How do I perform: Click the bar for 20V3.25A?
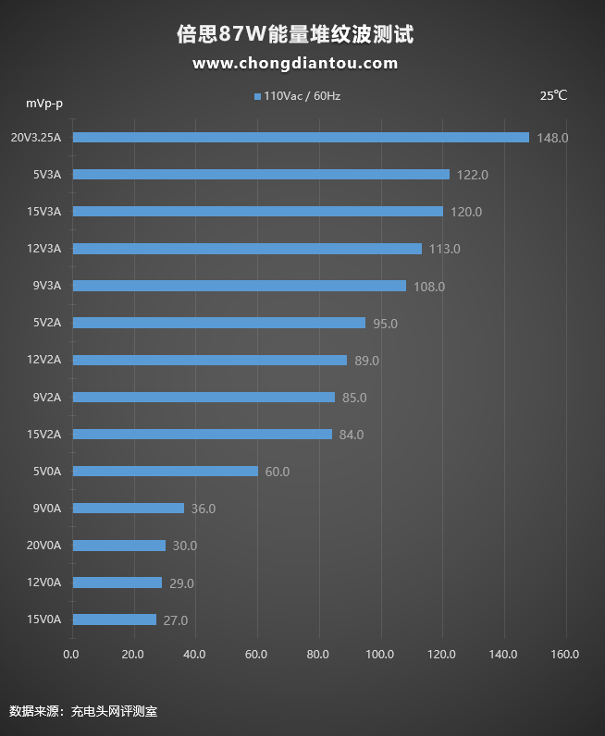301,137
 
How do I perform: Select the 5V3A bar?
261,174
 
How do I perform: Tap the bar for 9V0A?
129,508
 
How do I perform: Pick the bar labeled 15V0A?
115,619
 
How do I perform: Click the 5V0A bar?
166,471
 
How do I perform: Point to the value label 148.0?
552,138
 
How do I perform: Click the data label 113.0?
445,249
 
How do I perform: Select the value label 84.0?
352,435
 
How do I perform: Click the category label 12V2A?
44,360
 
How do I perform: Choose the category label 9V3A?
46,286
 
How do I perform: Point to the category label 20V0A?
43,546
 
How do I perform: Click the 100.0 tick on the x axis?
380,655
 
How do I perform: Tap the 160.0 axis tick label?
564,655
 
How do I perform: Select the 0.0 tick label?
71,655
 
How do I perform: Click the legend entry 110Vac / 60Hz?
297,95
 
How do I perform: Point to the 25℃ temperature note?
553,95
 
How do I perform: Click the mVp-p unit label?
44,102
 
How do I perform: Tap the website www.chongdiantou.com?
295,64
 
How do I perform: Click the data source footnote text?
83,711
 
